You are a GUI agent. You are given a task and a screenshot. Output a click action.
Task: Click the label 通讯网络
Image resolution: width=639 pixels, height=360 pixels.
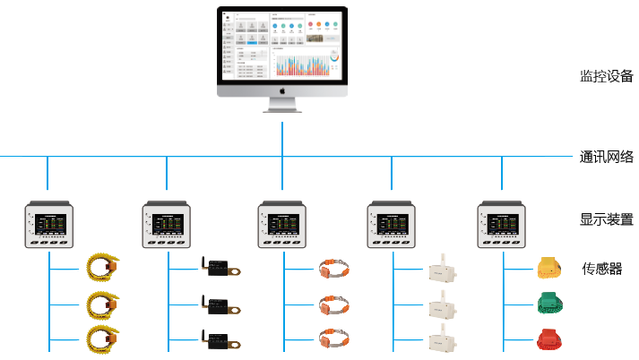(x=606, y=157)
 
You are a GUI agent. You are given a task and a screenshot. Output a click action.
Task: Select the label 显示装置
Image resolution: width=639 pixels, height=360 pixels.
(x=606, y=219)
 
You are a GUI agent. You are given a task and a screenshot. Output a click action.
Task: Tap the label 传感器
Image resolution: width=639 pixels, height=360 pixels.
(x=602, y=268)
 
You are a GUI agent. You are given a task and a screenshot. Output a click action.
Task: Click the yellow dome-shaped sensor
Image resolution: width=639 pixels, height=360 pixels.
(x=548, y=267)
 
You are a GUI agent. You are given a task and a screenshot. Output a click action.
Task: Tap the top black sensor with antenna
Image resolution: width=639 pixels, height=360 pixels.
(x=219, y=267)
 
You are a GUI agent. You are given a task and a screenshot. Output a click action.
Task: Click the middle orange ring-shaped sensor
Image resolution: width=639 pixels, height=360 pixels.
(x=334, y=303)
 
